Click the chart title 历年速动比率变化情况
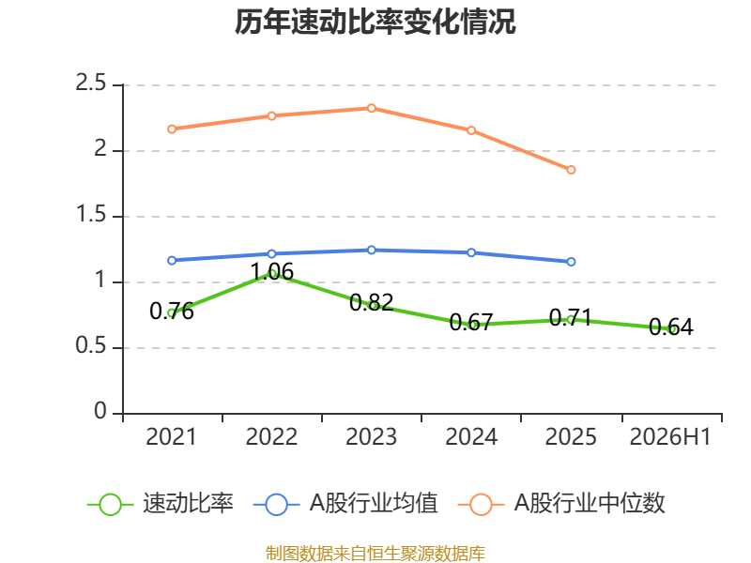[375, 22]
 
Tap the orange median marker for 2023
[371, 108]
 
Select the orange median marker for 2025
[571, 170]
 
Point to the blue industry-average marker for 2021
[172, 261]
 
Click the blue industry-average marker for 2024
[471, 252]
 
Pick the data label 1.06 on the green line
[272, 272]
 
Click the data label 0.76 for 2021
[172, 312]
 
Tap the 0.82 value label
[371, 302]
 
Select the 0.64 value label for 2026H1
[671, 327]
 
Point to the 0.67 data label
[471, 322]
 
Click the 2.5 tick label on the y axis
[90, 83]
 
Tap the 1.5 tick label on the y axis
[90, 214]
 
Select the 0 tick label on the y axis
[100, 411]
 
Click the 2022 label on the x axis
[271, 437]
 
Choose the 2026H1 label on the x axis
[670, 437]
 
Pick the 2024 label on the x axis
[471, 437]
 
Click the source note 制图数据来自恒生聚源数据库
[375, 553]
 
